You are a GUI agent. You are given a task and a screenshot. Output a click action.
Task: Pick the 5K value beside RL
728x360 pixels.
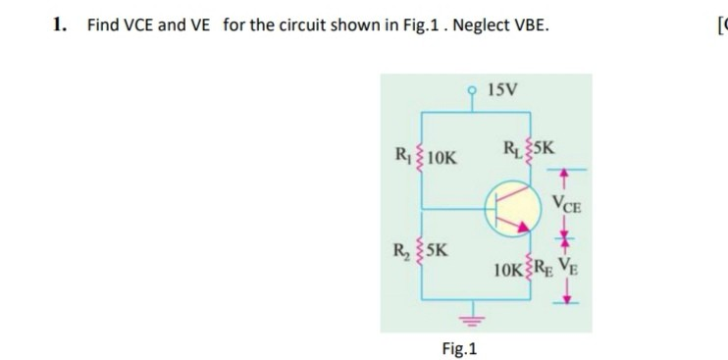pos(543,150)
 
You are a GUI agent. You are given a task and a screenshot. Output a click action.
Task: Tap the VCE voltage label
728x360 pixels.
pos(566,207)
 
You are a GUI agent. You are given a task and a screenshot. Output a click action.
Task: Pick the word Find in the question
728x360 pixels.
pos(101,25)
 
